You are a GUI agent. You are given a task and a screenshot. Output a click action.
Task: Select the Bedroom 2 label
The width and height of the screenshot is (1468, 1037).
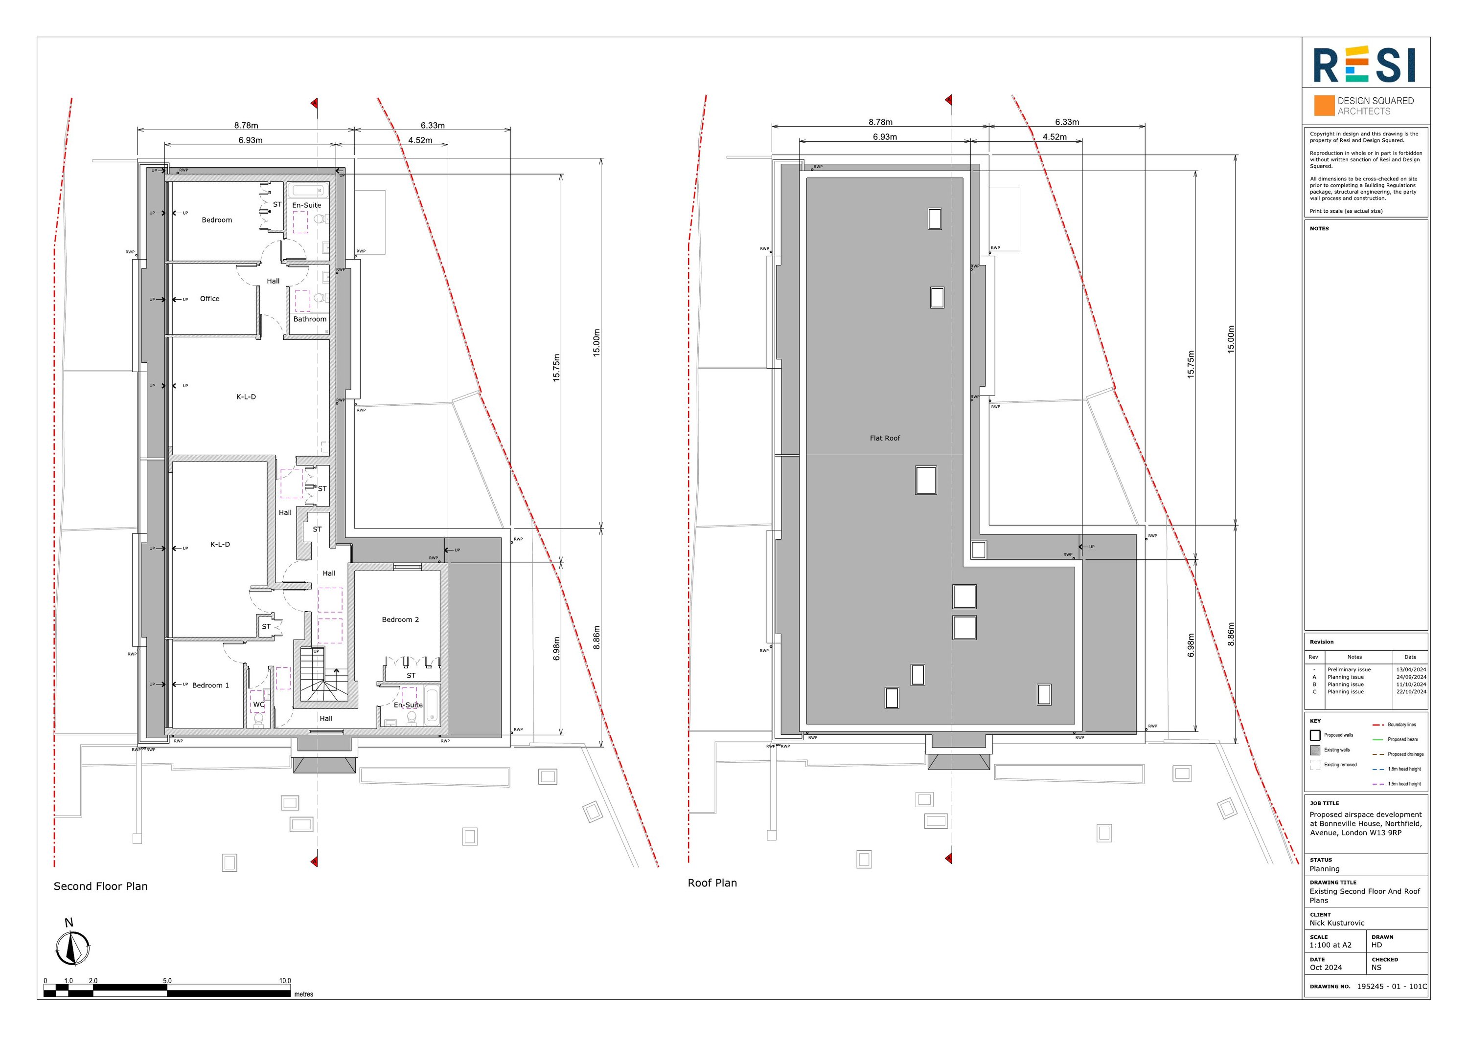pos(400,620)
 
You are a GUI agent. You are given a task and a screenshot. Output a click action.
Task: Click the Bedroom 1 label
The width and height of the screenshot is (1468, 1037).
pos(210,685)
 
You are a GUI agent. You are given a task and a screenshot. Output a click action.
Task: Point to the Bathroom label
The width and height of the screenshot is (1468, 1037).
pos(309,319)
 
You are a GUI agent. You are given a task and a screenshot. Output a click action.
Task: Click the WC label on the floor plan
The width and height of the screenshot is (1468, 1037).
pos(258,705)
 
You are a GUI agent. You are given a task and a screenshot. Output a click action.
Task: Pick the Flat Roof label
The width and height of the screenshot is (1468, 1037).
pos(884,438)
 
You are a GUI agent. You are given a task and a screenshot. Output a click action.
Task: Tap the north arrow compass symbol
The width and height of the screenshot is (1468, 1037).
pos(72,948)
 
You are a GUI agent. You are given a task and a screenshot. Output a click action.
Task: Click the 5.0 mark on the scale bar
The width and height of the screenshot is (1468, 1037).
pos(167,981)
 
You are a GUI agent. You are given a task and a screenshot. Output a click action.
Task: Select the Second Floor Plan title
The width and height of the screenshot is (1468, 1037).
pos(100,886)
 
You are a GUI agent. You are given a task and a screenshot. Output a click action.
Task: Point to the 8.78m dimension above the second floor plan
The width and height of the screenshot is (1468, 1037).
pos(246,126)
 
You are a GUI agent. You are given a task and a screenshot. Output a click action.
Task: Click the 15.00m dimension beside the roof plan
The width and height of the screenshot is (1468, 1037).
pos(1231,339)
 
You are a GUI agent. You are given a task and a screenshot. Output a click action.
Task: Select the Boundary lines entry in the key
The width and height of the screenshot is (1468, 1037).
pos(1401,725)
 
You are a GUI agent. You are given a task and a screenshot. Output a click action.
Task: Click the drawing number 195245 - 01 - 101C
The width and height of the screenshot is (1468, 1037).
pos(1391,987)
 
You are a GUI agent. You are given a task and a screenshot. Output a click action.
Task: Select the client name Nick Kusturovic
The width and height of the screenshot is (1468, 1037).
pos(1336,923)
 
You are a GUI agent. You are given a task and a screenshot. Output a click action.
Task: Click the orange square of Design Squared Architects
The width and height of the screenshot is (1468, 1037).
pos(1324,106)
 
